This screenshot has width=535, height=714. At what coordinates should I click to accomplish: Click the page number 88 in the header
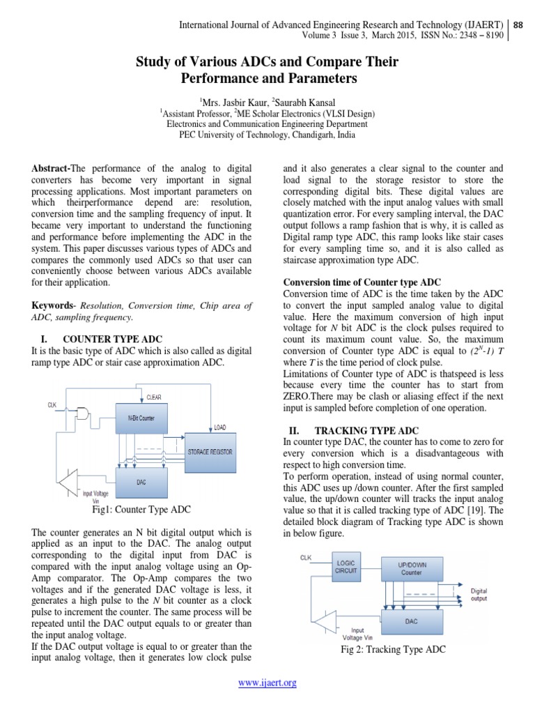tap(518, 25)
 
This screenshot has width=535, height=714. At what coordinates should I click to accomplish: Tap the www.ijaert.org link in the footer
tap(267, 683)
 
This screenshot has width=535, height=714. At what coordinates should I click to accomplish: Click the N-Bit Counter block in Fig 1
tap(141, 418)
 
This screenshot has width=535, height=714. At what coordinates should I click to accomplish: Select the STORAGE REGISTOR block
tap(210, 452)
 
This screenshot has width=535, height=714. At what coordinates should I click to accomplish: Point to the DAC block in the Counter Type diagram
tap(141, 481)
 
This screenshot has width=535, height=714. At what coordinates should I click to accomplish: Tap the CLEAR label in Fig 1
tap(153, 397)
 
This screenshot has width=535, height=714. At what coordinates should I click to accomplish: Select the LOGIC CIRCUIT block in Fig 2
tap(346, 566)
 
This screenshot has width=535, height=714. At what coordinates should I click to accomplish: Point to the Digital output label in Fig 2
tap(479, 593)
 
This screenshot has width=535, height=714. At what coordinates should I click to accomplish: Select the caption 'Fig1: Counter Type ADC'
tap(141, 510)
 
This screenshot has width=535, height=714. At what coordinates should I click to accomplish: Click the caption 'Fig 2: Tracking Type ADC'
tap(393, 649)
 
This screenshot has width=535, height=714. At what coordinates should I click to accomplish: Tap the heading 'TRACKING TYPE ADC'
tap(366, 431)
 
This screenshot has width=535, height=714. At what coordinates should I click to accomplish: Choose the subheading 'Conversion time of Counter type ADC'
tap(362, 282)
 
